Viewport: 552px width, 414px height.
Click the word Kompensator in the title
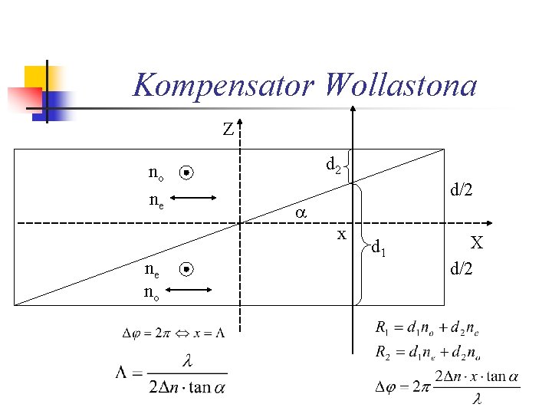223,85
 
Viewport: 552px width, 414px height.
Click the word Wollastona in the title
399,85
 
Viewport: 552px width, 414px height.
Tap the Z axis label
228,130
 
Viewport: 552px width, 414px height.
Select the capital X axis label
477,244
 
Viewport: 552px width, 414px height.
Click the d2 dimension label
333,164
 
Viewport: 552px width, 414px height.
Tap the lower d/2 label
462,268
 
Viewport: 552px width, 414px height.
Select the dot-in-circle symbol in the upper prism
186,174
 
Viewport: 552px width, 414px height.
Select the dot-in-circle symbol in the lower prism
186,269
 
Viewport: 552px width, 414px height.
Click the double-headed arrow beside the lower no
189,289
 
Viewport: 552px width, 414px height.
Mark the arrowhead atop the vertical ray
353,109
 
